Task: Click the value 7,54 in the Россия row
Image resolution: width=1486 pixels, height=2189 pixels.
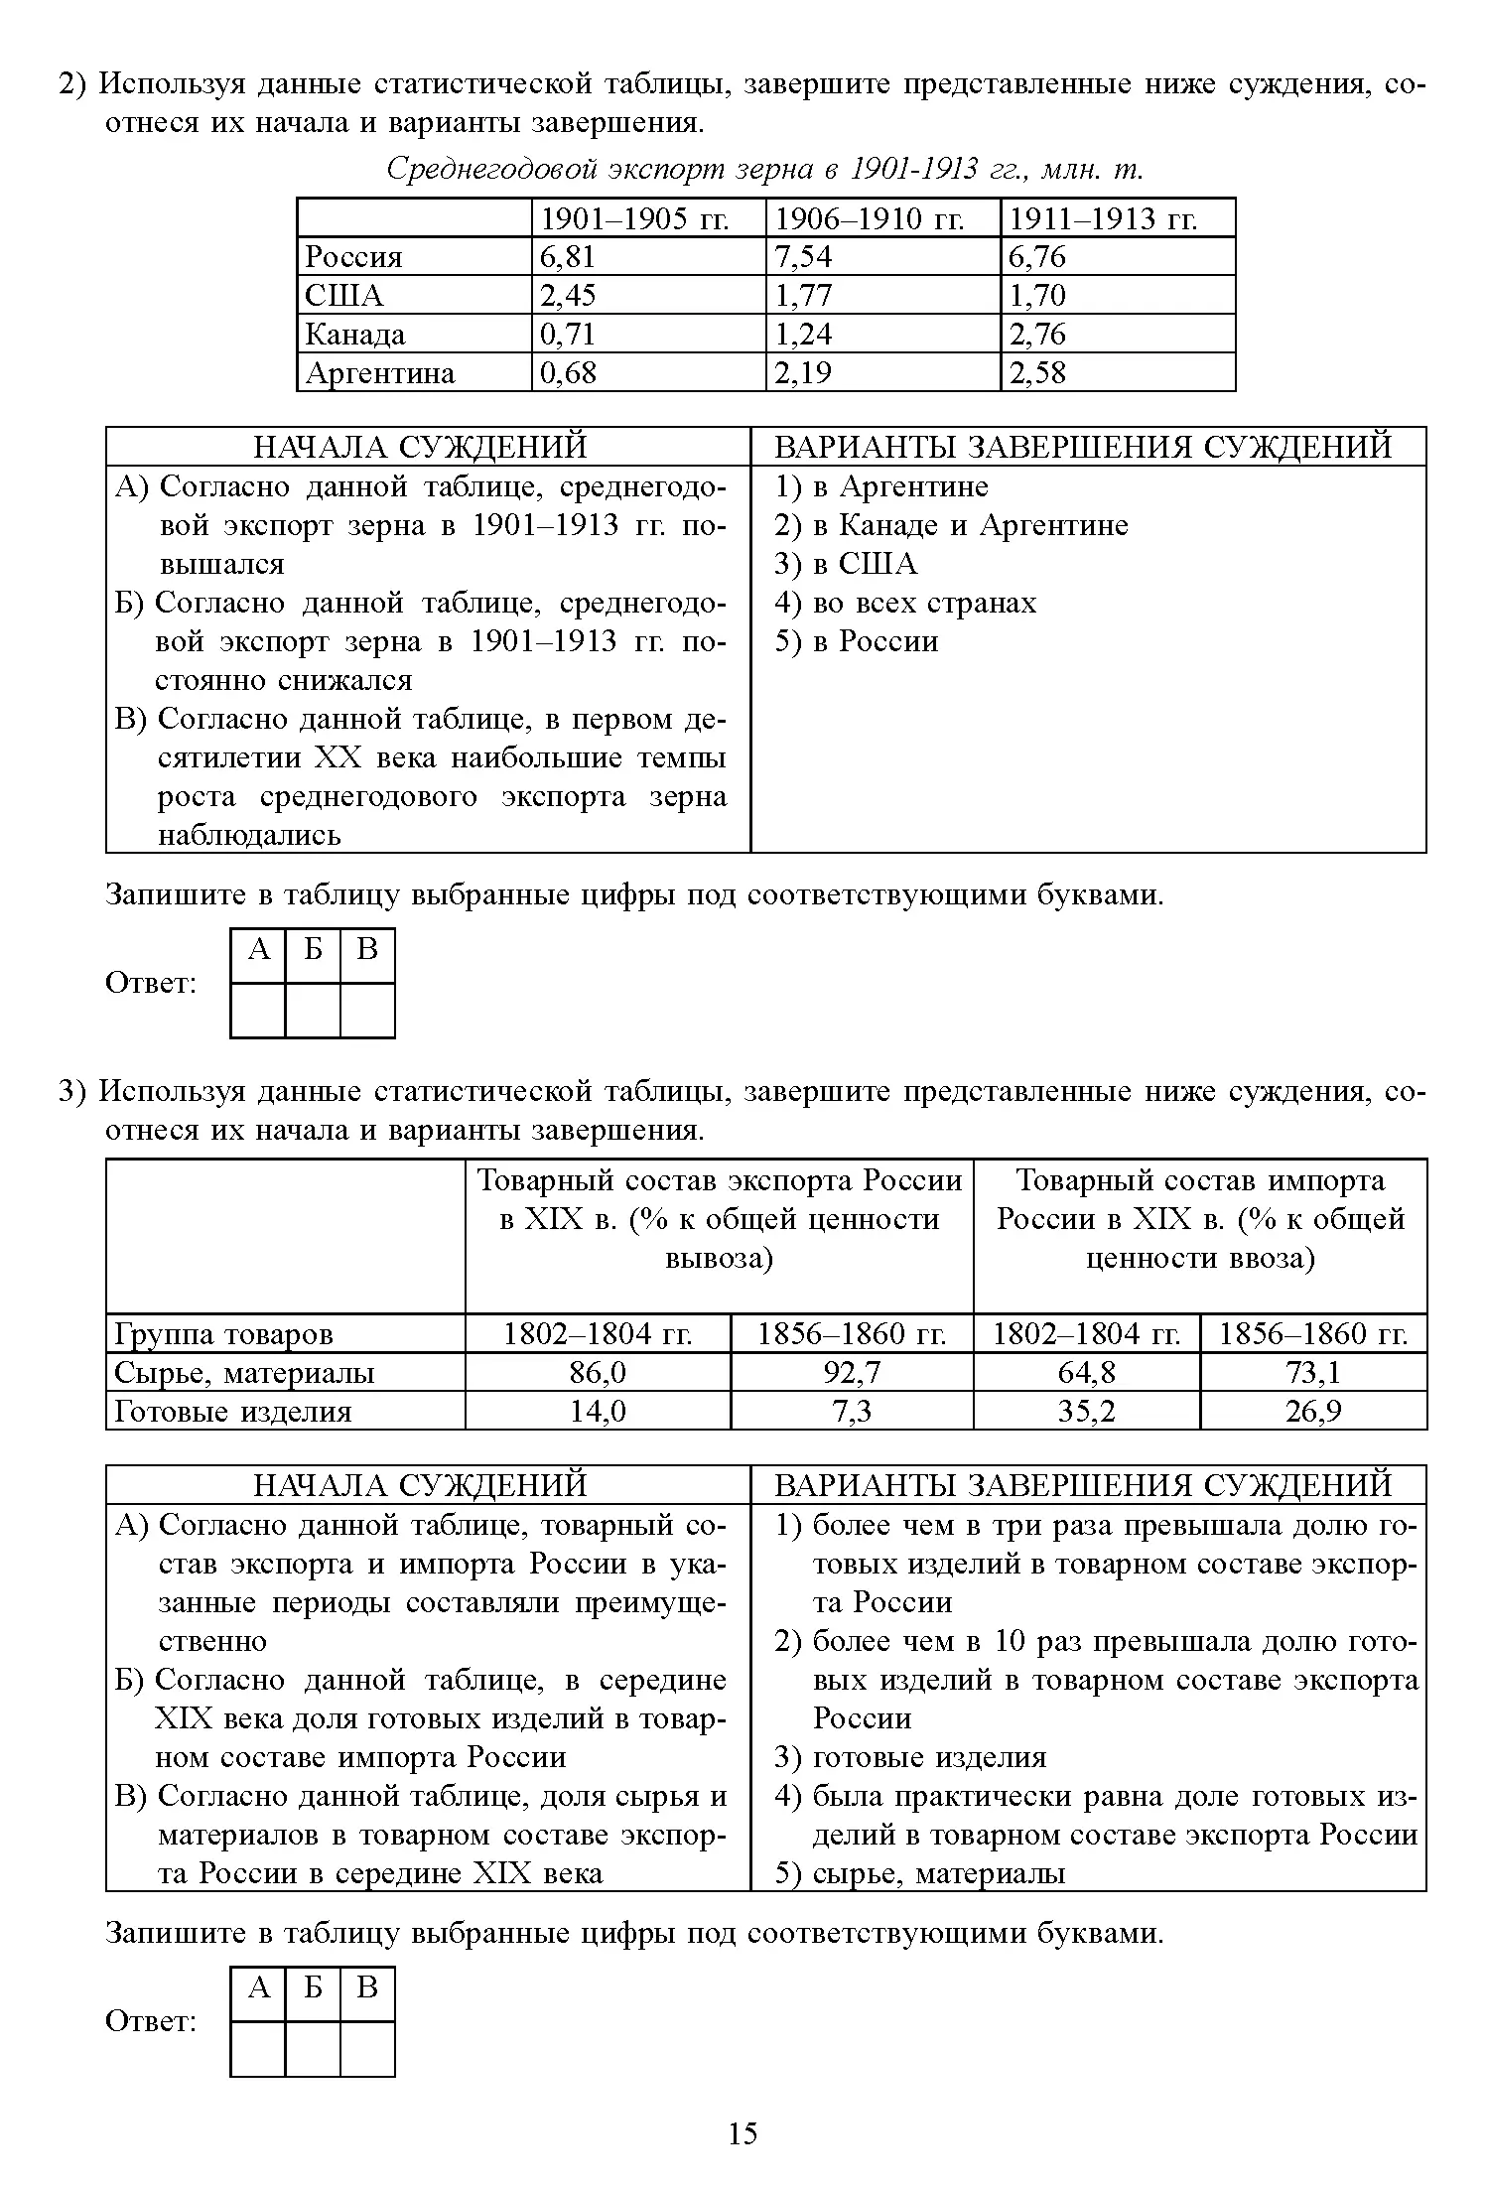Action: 803,257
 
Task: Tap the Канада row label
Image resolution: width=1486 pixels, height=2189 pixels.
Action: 355,335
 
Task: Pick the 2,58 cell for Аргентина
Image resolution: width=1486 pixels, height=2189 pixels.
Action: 1037,373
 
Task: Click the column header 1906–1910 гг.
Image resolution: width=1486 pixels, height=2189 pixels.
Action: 869,218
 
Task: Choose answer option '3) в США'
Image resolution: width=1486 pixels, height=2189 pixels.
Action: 846,564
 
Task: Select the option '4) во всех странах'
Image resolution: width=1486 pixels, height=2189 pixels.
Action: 904,603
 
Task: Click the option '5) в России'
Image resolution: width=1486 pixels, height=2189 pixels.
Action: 856,641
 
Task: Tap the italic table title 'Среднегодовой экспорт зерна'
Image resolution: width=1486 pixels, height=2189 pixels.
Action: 764,170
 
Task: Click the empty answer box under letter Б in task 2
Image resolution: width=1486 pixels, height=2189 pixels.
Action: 313,1010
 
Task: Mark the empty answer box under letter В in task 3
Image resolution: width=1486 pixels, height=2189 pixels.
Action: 367,2048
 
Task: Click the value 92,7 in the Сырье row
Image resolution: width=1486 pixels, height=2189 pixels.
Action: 852,1373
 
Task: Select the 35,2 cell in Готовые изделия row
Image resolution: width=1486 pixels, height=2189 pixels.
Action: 1086,1412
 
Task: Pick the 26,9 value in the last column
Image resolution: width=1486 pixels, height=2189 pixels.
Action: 1313,1412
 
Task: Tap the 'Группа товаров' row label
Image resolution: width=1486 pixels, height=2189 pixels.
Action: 223,1334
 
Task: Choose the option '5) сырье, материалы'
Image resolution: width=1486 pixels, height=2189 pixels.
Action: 920,1873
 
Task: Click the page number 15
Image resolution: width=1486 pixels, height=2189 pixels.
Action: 743,2132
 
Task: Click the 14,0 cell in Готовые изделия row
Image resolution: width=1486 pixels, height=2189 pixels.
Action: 598,1412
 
